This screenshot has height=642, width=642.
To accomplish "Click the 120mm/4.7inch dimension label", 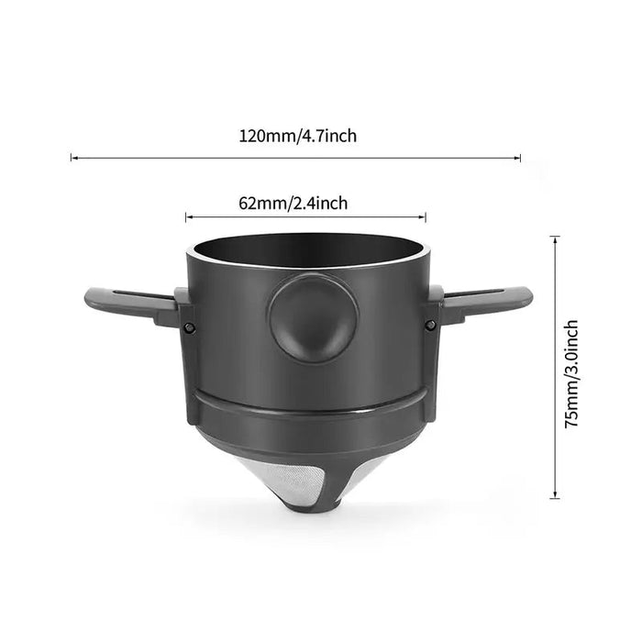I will tap(298, 137).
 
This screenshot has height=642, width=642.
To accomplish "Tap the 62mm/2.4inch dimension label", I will tap(305, 204).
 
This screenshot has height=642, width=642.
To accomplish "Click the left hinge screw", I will tap(189, 328).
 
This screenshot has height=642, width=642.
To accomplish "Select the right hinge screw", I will tap(428, 325).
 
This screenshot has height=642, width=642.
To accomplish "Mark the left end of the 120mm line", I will tap(72, 159).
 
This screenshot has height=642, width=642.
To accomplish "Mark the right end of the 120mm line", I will tap(521, 159).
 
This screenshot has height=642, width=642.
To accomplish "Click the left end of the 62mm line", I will tap(186, 217).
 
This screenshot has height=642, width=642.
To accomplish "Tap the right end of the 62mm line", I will tap(426, 217).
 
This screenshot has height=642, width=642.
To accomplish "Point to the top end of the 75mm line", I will tap(554, 237).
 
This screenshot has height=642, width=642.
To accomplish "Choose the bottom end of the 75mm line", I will tap(554, 498).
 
